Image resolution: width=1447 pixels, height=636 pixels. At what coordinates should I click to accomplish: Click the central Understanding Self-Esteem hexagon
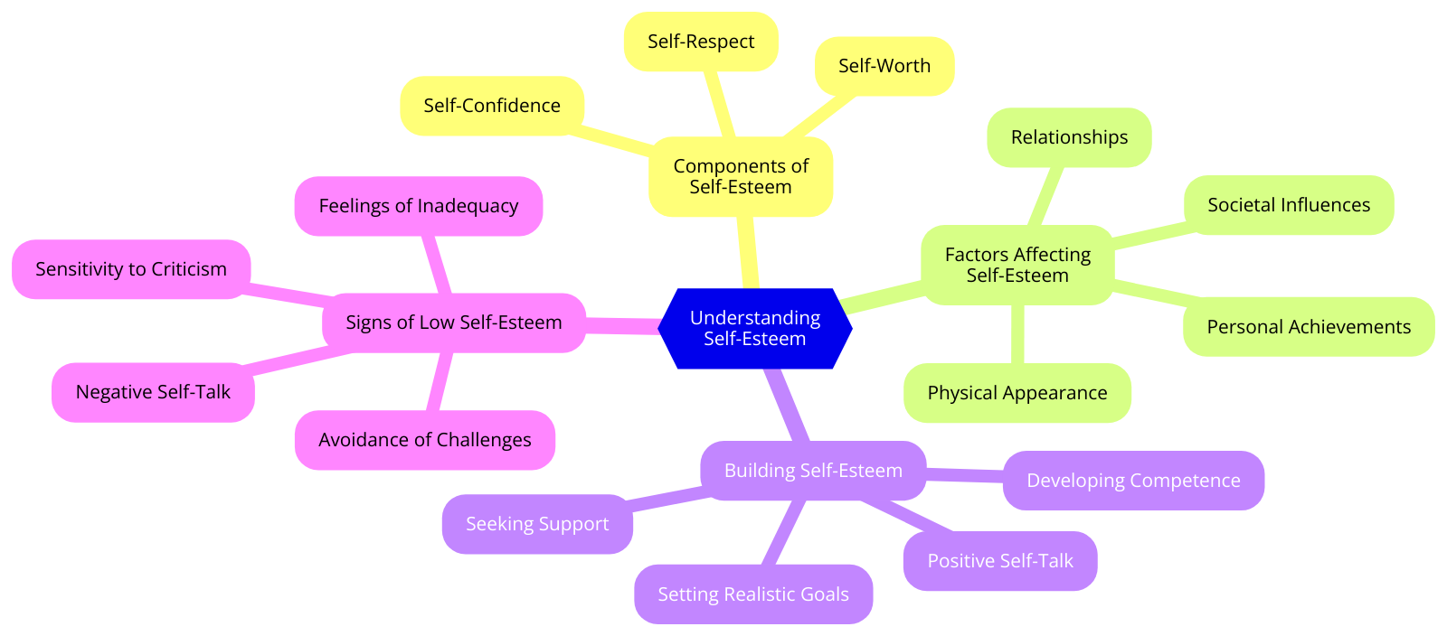coord(754,328)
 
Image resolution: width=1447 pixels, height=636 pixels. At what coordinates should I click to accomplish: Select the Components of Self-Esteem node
coord(741,176)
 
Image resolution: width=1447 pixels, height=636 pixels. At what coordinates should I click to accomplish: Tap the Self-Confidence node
coord(492,106)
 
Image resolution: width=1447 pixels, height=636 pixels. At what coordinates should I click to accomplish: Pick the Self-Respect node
coord(701,42)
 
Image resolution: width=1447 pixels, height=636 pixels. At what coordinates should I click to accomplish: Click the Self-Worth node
coord(884,66)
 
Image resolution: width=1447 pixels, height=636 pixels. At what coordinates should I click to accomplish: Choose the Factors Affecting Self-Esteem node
coord(1017,265)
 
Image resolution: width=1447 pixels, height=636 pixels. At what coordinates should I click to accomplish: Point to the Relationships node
coord(1069,137)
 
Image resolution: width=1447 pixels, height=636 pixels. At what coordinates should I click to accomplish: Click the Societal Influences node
coord(1289,205)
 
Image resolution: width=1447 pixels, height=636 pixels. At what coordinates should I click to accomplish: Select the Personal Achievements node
coord(1309,327)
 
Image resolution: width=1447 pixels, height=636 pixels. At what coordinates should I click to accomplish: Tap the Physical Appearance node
coord(1017,393)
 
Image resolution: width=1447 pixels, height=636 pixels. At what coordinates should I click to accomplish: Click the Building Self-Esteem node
coord(813,471)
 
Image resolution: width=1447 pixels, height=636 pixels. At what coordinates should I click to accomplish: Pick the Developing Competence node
coord(1133,481)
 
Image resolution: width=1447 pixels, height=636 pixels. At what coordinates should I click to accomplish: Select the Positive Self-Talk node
coord(1000,561)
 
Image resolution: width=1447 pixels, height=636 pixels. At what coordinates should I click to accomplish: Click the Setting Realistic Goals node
coord(753,594)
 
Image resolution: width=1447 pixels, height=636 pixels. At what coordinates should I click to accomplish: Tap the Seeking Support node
coord(537,524)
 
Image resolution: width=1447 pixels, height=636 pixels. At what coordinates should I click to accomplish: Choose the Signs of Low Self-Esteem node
coord(454,323)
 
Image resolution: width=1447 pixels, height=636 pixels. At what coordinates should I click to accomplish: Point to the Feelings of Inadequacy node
coord(419,206)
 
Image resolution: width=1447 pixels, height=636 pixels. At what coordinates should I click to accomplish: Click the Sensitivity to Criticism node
coord(131,269)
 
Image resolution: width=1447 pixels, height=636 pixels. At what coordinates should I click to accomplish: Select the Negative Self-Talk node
coord(153,392)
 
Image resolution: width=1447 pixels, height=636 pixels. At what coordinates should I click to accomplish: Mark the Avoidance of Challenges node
coord(425,440)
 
